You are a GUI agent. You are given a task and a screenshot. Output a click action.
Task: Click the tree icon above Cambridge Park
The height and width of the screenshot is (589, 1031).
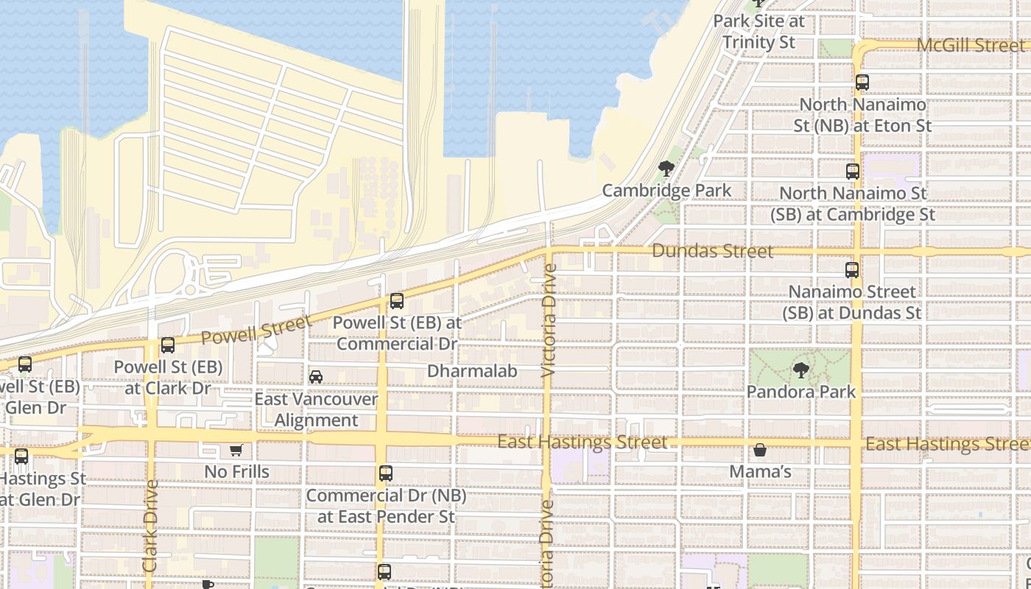click(666, 169)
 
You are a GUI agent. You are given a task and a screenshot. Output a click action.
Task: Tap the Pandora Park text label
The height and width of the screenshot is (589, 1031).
click(801, 391)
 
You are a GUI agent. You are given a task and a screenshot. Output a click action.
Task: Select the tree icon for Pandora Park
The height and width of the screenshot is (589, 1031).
click(801, 370)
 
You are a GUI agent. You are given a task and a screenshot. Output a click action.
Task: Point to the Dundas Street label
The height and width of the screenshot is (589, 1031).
click(712, 251)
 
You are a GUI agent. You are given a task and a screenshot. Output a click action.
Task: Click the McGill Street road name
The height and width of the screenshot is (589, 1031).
click(970, 45)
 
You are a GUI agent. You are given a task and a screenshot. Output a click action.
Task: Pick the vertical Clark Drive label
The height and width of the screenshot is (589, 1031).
click(150, 526)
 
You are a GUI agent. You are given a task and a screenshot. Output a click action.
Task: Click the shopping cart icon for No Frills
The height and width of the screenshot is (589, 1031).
click(236, 450)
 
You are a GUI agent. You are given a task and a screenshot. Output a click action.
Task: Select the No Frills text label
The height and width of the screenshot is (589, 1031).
click(236, 471)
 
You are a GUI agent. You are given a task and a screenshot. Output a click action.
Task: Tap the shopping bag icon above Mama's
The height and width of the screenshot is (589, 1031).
click(760, 450)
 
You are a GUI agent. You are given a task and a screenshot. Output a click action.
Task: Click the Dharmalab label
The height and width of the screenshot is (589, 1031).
click(472, 371)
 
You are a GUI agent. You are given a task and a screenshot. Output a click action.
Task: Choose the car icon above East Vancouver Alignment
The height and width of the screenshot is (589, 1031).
click(316, 377)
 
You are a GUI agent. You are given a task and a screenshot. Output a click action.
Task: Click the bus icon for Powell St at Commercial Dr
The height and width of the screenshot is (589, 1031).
click(397, 300)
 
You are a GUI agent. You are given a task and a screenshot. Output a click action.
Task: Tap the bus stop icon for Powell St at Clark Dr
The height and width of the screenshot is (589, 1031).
click(168, 345)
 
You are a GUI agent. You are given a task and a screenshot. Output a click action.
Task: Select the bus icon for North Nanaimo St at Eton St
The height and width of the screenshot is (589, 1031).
click(862, 82)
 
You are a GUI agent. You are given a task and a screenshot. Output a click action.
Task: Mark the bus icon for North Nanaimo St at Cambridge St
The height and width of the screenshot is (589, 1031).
click(853, 172)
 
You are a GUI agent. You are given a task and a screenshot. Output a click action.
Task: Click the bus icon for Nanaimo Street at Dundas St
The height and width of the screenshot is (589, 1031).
click(852, 270)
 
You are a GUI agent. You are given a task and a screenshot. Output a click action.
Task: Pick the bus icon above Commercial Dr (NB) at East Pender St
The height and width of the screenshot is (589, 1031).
click(386, 473)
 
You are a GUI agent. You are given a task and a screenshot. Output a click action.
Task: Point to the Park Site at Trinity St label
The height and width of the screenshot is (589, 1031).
click(759, 32)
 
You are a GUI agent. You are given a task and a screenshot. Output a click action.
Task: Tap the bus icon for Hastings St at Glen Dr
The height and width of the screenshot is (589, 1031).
click(21, 456)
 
